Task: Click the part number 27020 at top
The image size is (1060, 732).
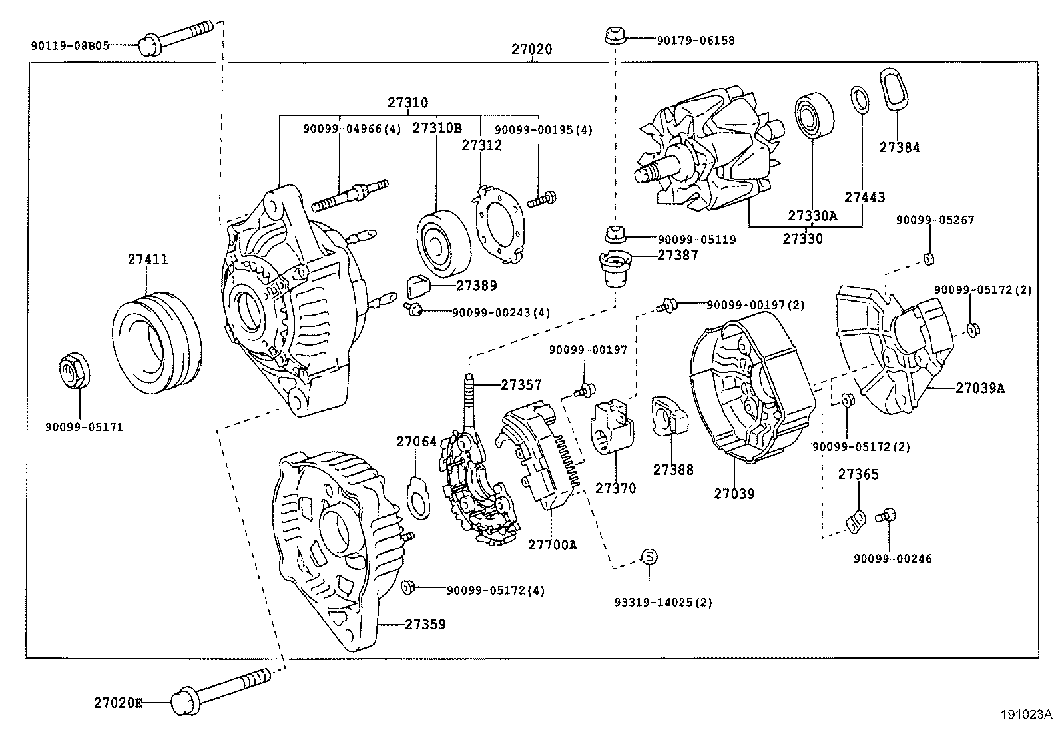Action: tap(531, 49)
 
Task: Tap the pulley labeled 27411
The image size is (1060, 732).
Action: tap(156, 346)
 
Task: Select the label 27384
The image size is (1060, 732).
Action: tap(899, 148)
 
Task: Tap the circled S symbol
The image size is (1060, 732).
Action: tap(649, 557)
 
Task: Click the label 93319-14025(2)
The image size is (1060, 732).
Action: tap(662, 602)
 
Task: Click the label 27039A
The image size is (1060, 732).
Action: tap(979, 388)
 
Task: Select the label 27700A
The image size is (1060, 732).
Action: tap(552, 545)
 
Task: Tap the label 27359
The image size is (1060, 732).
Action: tap(425, 624)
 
